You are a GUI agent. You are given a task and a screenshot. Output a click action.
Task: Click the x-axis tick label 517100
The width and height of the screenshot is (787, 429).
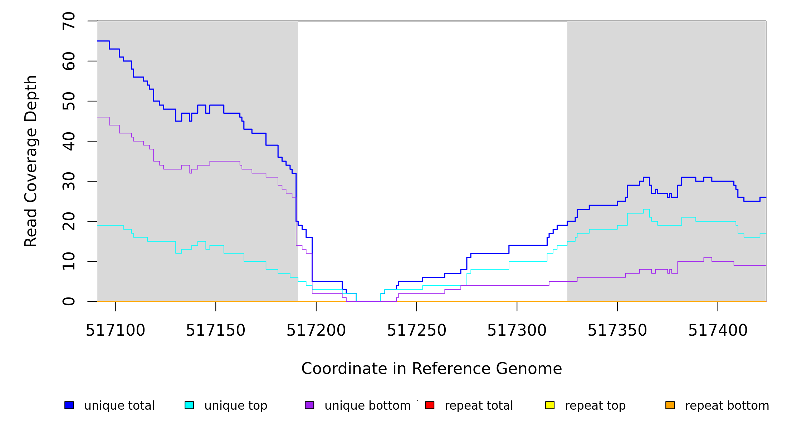point(115,331)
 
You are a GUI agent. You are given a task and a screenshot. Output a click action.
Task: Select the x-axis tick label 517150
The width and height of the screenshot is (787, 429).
point(215,331)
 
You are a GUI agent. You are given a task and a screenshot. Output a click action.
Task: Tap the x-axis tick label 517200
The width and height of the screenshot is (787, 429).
point(316,331)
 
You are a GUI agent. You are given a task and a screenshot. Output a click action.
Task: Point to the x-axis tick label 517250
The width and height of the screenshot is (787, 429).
point(416,331)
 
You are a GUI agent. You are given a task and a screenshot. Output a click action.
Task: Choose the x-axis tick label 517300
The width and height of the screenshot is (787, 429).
point(517,331)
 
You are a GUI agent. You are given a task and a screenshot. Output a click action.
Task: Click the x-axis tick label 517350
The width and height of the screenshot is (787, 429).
point(617,331)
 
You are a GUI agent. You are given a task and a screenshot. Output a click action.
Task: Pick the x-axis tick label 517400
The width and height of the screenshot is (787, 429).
point(718,331)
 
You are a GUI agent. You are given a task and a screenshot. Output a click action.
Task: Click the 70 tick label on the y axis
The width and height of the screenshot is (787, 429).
point(69,21)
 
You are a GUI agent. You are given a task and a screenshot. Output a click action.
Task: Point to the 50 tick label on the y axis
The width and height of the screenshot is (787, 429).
point(69,101)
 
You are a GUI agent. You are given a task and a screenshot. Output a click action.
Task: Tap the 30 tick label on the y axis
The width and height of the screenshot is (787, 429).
point(69,181)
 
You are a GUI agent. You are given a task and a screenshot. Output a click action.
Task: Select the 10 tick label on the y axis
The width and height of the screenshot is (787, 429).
point(69,261)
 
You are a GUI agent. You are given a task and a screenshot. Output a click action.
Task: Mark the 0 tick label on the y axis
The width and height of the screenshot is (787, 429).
point(69,301)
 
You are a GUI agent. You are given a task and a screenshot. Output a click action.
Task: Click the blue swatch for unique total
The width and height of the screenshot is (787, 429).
point(69,405)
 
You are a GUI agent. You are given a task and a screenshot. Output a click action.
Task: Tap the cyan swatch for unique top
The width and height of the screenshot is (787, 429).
point(189,405)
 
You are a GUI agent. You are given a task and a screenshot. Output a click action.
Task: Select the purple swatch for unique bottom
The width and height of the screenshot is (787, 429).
point(309,405)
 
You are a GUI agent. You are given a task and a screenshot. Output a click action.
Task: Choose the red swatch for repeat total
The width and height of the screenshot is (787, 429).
point(430,405)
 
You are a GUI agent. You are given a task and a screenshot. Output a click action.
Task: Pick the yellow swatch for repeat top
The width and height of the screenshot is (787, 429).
point(550,405)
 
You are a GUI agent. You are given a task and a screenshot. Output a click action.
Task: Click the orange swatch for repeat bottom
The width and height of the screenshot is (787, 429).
point(670,405)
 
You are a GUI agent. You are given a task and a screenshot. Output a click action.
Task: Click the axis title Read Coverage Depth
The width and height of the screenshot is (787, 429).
point(31,161)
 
